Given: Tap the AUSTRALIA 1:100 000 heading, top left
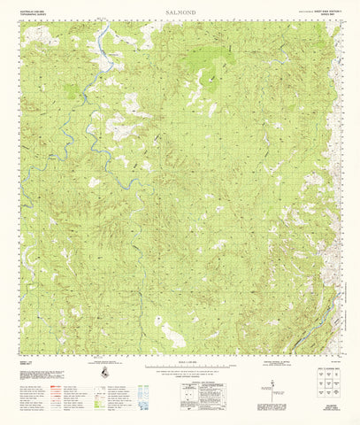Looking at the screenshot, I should pos(33,11).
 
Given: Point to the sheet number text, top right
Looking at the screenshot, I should pos(318,11).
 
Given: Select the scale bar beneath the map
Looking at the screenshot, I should pos(180,367).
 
